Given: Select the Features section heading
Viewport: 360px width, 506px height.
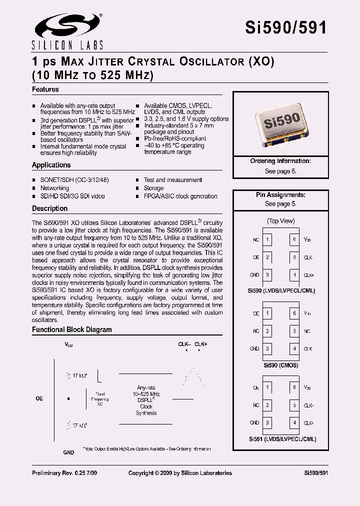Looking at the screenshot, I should [x=45, y=89].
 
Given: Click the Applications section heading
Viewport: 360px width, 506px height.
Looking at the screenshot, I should [x=51, y=165].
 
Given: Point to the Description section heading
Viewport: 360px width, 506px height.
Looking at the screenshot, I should [x=50, y=208].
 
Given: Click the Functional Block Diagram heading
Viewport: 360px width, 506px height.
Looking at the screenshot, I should [x=72, y=330].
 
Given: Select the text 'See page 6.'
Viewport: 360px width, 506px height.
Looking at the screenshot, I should [x=280, y=171].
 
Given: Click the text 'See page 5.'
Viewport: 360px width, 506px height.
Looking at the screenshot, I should [x=280, y=204].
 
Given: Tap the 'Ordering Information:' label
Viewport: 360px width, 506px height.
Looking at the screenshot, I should [x=280, y=161].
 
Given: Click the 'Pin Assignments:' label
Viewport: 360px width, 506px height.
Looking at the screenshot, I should [x=280, y=195].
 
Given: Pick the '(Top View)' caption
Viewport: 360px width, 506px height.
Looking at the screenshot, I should [x=280, y=221].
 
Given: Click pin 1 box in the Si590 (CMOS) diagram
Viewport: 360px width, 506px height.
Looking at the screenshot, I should [x=268, y=313].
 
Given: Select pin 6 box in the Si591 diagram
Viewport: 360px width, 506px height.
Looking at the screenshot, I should [x=295, y=387].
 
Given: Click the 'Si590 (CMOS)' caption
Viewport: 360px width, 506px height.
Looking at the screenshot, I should [x=280, y=365].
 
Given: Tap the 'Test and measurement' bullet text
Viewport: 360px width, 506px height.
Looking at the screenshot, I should [x=173, y=180].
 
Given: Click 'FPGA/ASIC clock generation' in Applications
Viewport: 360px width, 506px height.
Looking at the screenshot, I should [x=180, y=196].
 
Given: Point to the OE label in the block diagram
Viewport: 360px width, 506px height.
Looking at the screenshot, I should [x=39, y=398].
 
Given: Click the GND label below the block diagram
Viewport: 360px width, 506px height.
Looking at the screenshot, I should [x=68, y=452].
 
